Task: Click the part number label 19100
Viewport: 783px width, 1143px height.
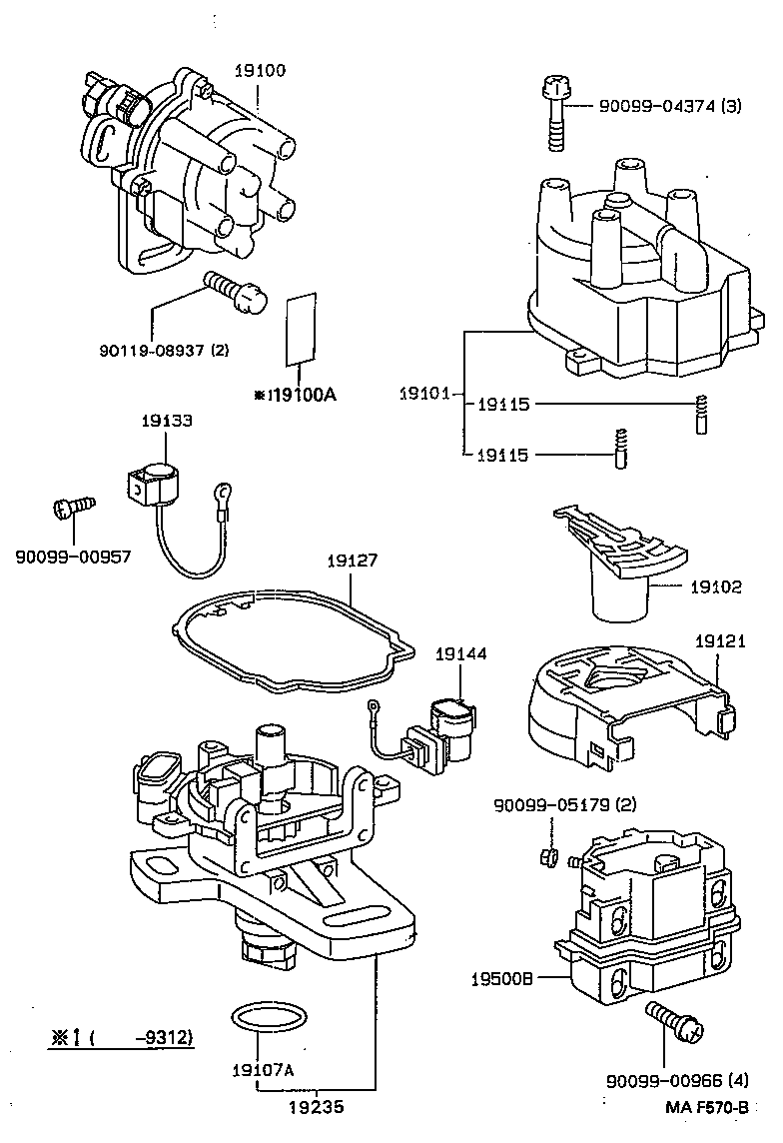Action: click(x=259, y=71)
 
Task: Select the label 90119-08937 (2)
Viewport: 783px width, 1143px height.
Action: click(x=165, y=351)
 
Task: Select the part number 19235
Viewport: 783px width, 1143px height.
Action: click(x=319, y=1106)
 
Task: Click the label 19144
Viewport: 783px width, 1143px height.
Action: click(x=460, y=654)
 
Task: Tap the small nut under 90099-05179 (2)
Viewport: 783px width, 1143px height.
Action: click(x=547, y=856)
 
